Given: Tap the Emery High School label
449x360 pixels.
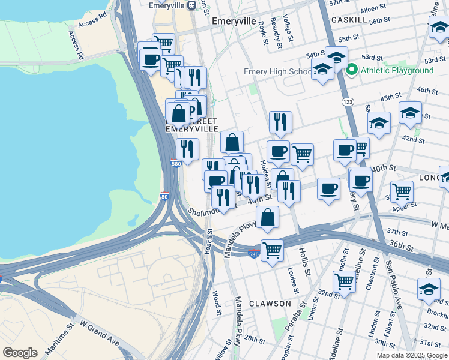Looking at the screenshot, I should point(277,72).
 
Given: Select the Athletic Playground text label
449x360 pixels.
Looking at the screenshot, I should point(397,70).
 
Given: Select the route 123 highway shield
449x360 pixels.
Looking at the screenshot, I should point(348,103).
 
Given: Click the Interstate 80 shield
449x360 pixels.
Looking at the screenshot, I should point(165,196).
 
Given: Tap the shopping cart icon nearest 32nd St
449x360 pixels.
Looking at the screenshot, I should point(345,280).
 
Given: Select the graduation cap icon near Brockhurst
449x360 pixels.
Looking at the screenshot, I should point(429,289).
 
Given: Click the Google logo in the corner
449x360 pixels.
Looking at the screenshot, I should point(20,353).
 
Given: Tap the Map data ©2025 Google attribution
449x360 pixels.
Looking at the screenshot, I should point(412,355).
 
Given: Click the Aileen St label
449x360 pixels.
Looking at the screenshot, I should point(372,9).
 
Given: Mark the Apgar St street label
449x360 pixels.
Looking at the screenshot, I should point(405,206).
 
